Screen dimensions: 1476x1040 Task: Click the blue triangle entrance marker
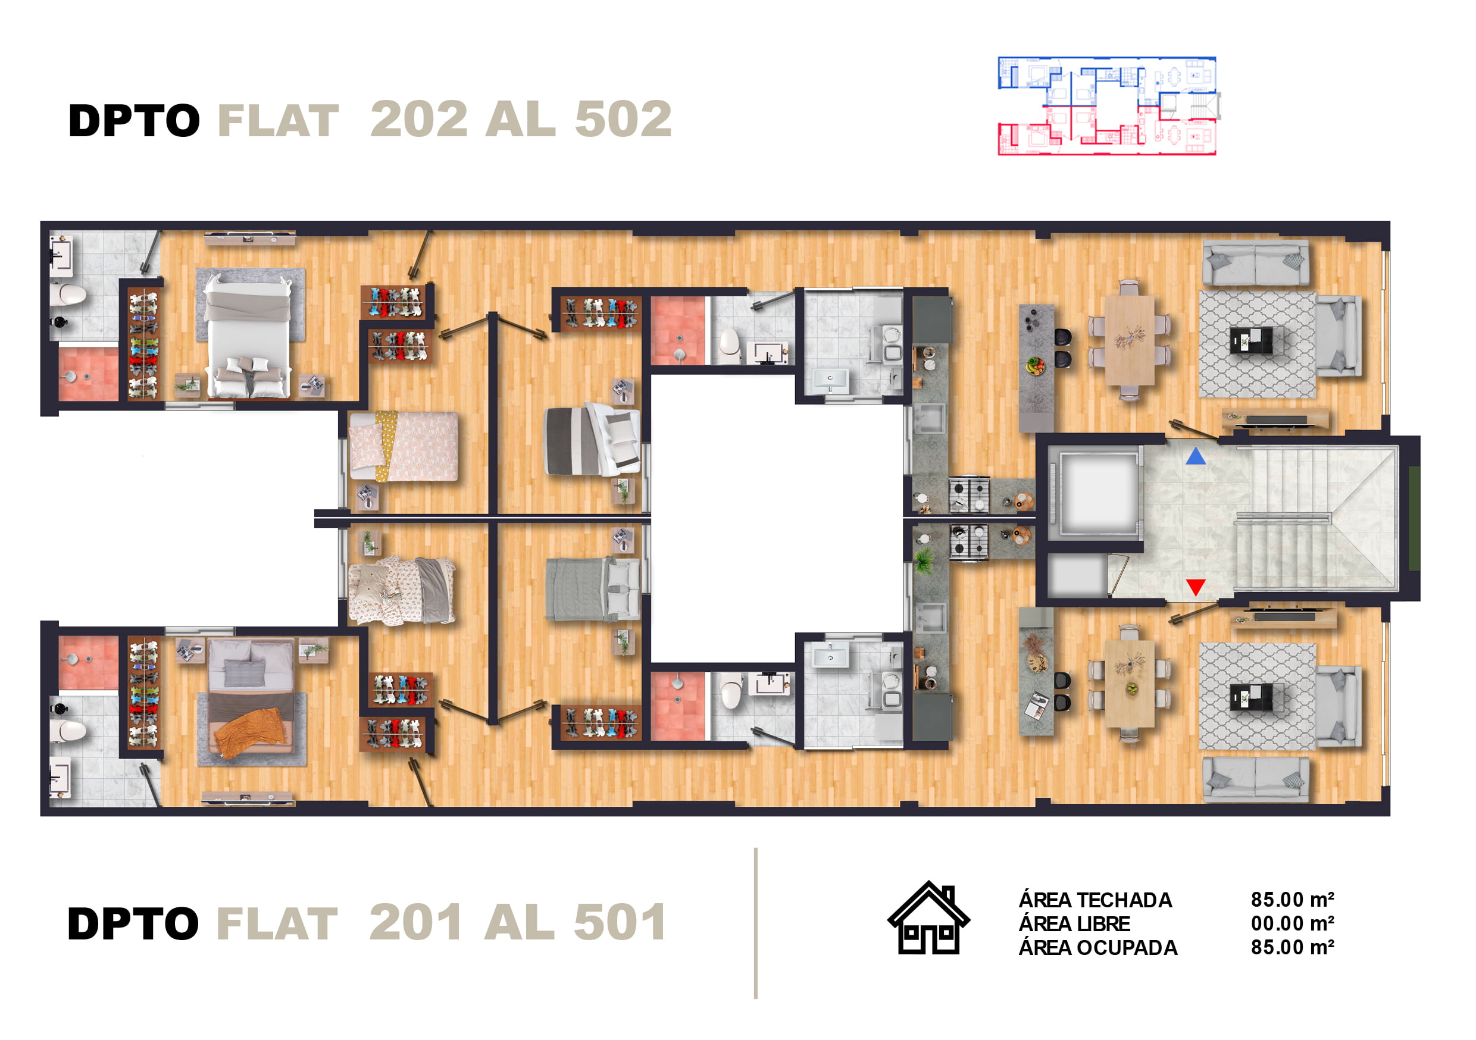click(1196, 457)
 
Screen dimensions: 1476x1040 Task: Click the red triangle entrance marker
click(1196, 587)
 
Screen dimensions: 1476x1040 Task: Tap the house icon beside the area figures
click(928, 918)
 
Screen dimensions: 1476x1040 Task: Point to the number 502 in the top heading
click(623, 120)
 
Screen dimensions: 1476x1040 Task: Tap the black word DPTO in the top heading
click(135, 121)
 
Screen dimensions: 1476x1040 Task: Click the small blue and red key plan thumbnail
click(1108, 106)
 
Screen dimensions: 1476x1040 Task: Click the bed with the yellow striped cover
click(403, 446)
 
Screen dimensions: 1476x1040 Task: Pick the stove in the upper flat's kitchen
click(970, 495)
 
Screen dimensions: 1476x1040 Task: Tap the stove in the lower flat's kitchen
click(970, 542)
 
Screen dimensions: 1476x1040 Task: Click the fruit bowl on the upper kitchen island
click(1036, 365)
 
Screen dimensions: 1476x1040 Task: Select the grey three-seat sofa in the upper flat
click(1256, 263)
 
